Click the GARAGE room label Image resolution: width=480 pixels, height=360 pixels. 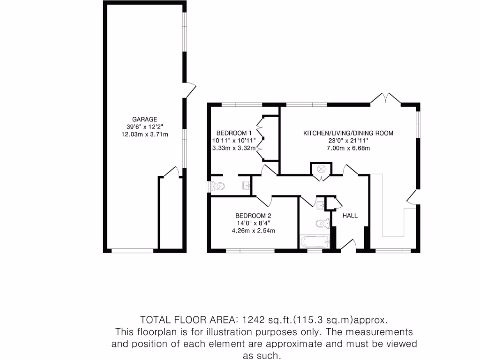tap(144, 119)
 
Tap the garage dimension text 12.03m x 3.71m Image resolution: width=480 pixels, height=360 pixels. tap(144, 134)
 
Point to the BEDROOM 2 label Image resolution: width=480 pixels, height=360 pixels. tap(254, 216)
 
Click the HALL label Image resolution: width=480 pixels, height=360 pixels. tap(350, 216)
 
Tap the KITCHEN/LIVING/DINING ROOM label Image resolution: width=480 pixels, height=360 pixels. tap(348, 133)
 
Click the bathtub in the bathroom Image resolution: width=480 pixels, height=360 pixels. tap(315, 242)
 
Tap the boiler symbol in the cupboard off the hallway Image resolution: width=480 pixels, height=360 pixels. tap(322, 169)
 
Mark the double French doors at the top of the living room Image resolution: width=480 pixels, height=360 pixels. tap(385, 97)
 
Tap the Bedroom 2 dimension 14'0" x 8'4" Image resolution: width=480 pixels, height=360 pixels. tap(254, 223)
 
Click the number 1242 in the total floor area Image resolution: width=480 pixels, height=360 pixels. tap(254, 320)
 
